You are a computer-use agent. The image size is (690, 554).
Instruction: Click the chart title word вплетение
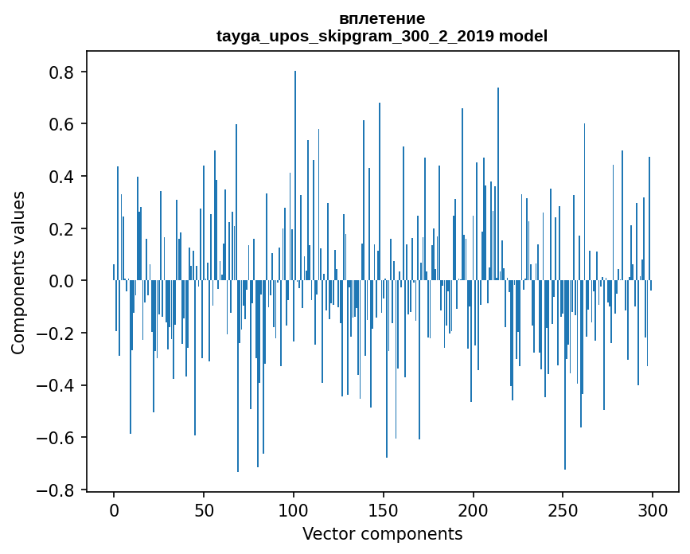click(x=382, y=18)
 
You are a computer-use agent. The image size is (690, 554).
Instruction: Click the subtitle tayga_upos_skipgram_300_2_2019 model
click(x=382, y=36)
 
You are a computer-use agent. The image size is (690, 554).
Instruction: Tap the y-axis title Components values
click(x=18, y=272)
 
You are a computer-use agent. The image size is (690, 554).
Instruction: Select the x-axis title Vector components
click(x=382, y=533)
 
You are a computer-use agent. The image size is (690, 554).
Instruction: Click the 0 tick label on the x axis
click(x=114, y=509)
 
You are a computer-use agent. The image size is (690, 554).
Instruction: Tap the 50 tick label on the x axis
click(x=204, y=509)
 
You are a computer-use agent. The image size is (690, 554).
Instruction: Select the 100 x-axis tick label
click(x=294, y=509)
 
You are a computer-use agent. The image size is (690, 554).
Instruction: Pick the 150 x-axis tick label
click(x=384, y=509)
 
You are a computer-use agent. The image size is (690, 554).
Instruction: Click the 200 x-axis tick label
click(x=474, y=509)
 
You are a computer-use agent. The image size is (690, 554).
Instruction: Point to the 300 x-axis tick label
click(x=653, y=509)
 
